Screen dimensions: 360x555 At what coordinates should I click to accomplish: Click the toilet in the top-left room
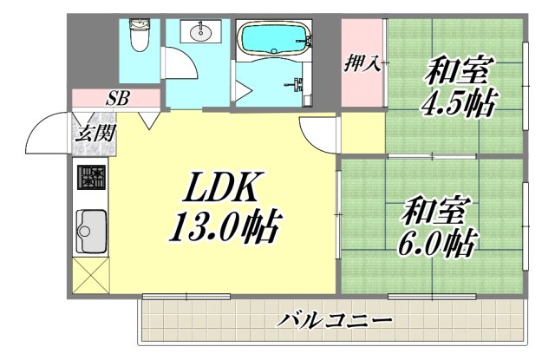(138, 36)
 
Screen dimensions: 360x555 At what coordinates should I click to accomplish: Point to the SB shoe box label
(118, 97)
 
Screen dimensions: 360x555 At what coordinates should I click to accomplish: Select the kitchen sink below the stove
(90, 232)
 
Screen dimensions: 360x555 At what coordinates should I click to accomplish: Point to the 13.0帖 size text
(223, 227)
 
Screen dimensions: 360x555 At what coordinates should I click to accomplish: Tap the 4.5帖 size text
(458, 103)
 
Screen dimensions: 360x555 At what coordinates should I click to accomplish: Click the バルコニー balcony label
(336, 321)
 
